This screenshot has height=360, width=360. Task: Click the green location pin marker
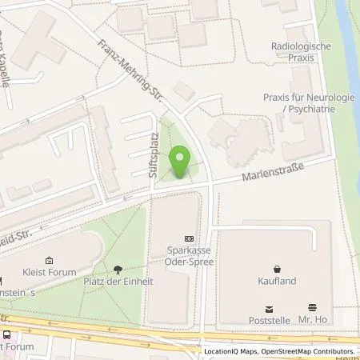point(180,161)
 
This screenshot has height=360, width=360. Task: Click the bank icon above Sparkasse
point(189,238)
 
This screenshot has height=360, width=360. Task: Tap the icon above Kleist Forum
point(49,260)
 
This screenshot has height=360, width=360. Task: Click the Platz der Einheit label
point(118,282)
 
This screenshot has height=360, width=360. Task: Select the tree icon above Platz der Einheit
point(118,270)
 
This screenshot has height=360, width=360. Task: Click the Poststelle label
point(269,319)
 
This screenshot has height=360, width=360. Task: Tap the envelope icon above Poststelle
point(269,307)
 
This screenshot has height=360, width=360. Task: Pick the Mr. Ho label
point(313,319)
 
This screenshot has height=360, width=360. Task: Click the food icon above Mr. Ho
point(313,307)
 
